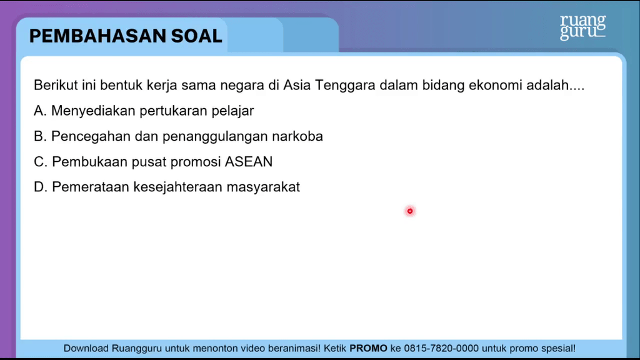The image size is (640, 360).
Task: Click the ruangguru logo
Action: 583,27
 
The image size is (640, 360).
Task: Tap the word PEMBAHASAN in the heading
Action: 97,36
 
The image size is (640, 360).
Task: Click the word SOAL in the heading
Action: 197,36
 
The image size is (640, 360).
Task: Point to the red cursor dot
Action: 410,211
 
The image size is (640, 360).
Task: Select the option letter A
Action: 39,111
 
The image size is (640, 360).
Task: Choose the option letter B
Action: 39,136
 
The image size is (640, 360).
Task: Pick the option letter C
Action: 40,162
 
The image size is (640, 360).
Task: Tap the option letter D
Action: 40,187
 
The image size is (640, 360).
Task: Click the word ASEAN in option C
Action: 249,162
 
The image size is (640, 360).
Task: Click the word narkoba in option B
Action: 297,136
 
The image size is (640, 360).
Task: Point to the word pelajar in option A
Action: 232,111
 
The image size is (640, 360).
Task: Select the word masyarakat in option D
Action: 263,187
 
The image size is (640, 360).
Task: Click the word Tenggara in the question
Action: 345,86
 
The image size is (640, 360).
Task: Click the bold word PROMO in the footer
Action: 368,349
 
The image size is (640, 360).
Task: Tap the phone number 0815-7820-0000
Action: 441,349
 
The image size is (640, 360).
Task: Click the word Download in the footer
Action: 86,349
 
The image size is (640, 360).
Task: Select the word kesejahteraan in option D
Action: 178,187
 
